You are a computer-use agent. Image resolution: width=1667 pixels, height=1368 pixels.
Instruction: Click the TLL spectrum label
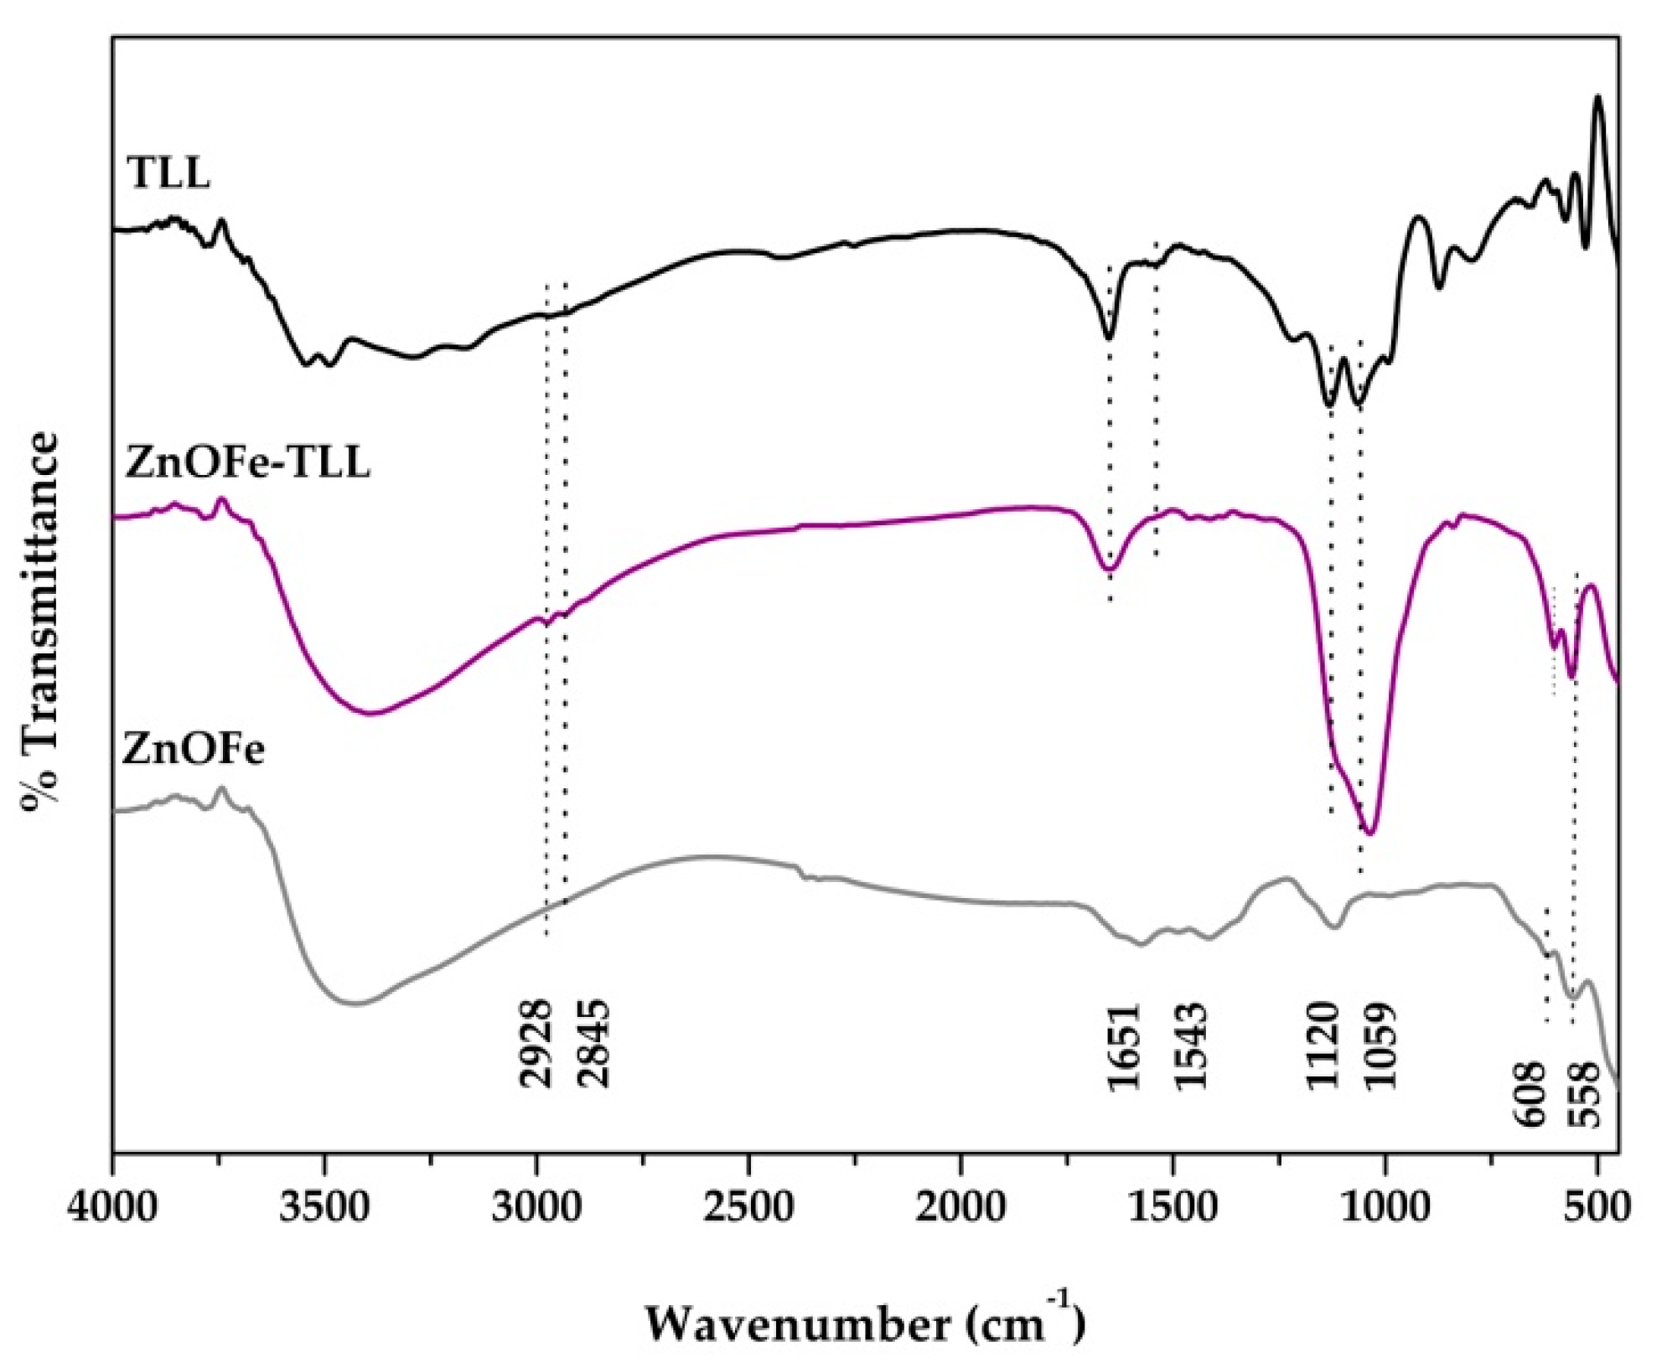tap(168, 174)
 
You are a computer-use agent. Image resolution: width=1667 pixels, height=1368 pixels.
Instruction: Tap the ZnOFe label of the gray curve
tap(194, 748)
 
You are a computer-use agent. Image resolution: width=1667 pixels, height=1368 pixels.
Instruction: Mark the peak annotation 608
tap(1526, 1093)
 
